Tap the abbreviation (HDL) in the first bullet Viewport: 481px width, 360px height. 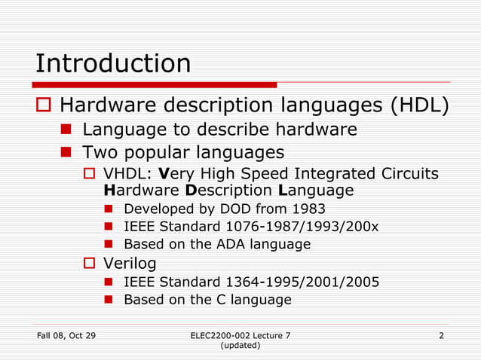tap(419, 106)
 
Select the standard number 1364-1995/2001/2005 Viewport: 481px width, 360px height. tap(302, 282)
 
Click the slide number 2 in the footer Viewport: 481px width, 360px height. tap(441, 334)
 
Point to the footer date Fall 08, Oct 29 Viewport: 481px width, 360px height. tap(66, 334)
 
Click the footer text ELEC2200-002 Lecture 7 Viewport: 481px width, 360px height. tap(240, 334)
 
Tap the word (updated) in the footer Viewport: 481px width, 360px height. tap(240, 345)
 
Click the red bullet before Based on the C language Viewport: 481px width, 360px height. tap(108, 300)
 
